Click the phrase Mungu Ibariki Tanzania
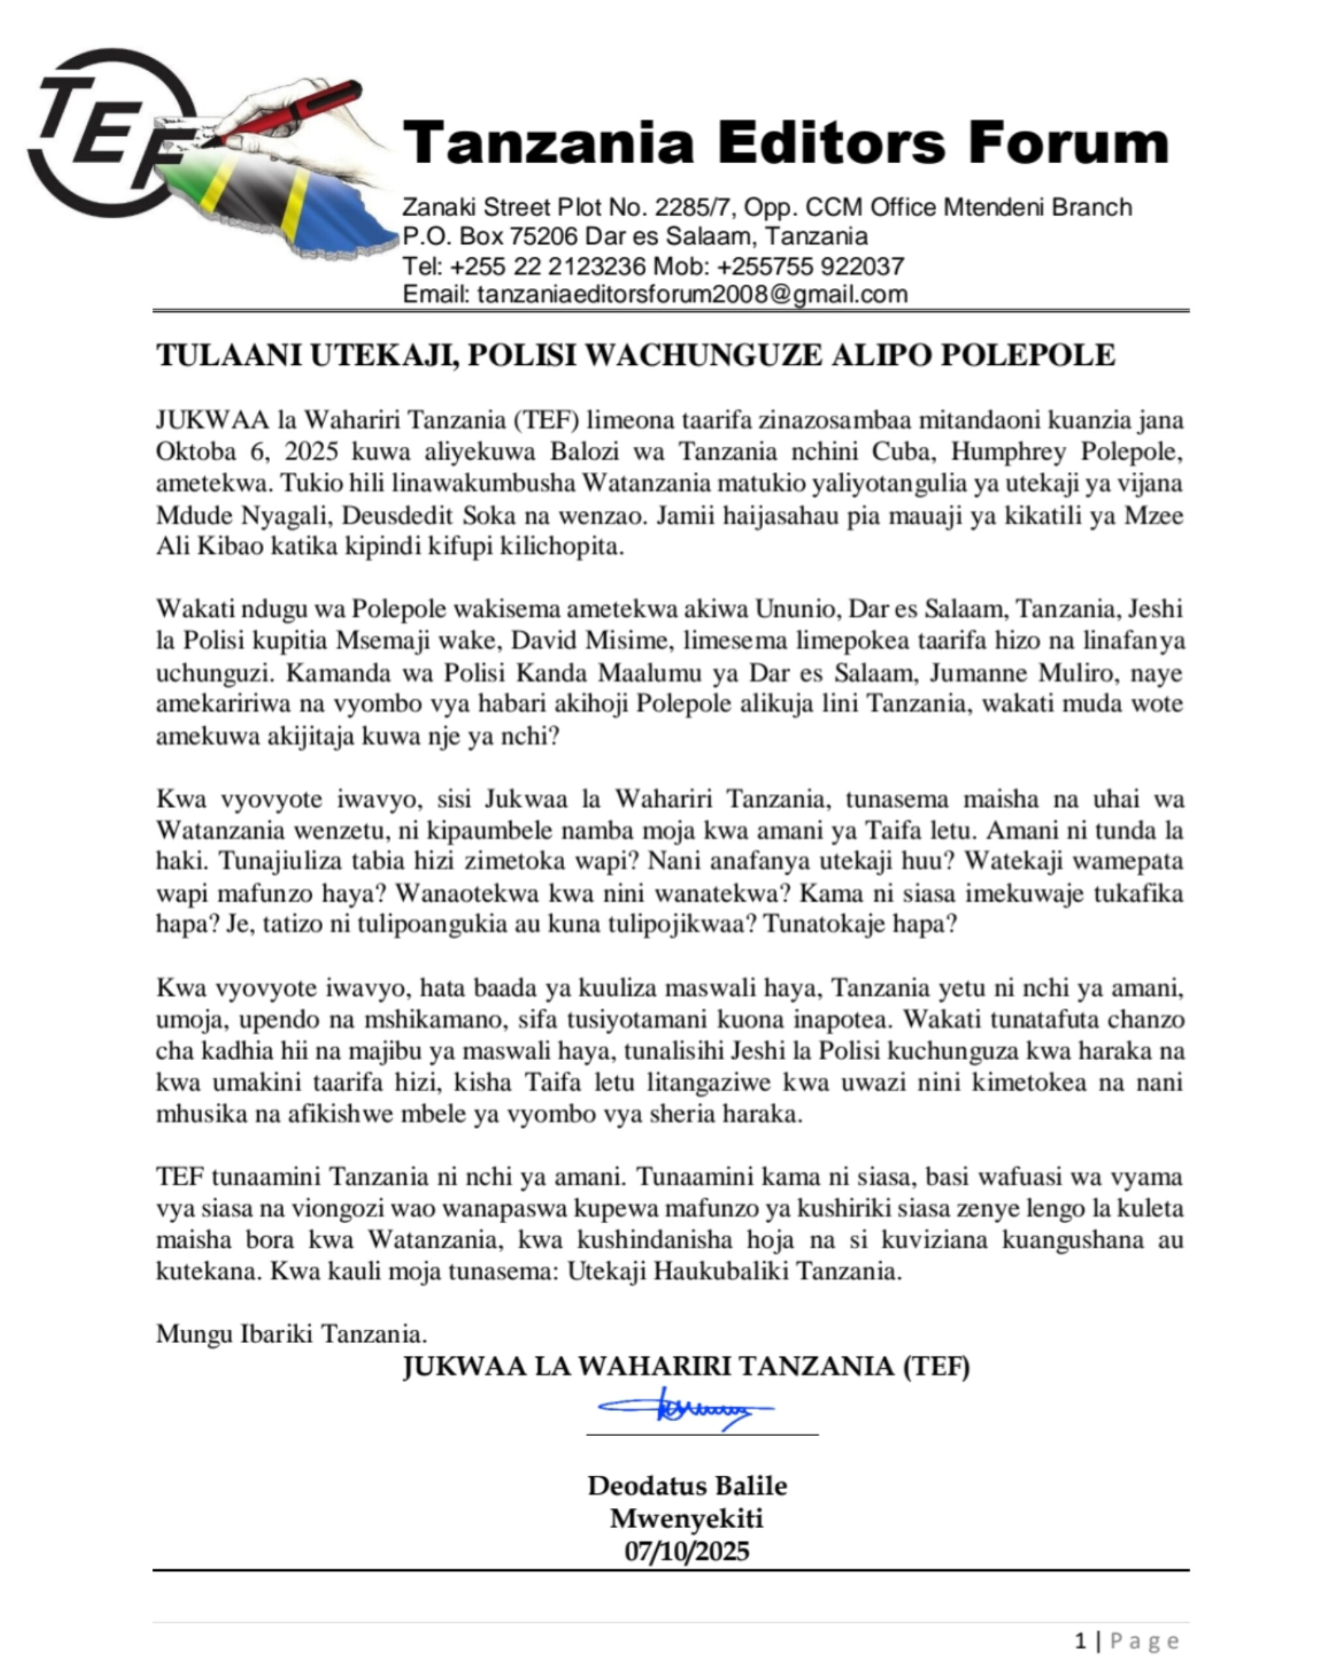(292, 1334)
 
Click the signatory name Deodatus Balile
(687, 1486)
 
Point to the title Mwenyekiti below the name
(686, 1518)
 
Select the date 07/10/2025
(686, 1551)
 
